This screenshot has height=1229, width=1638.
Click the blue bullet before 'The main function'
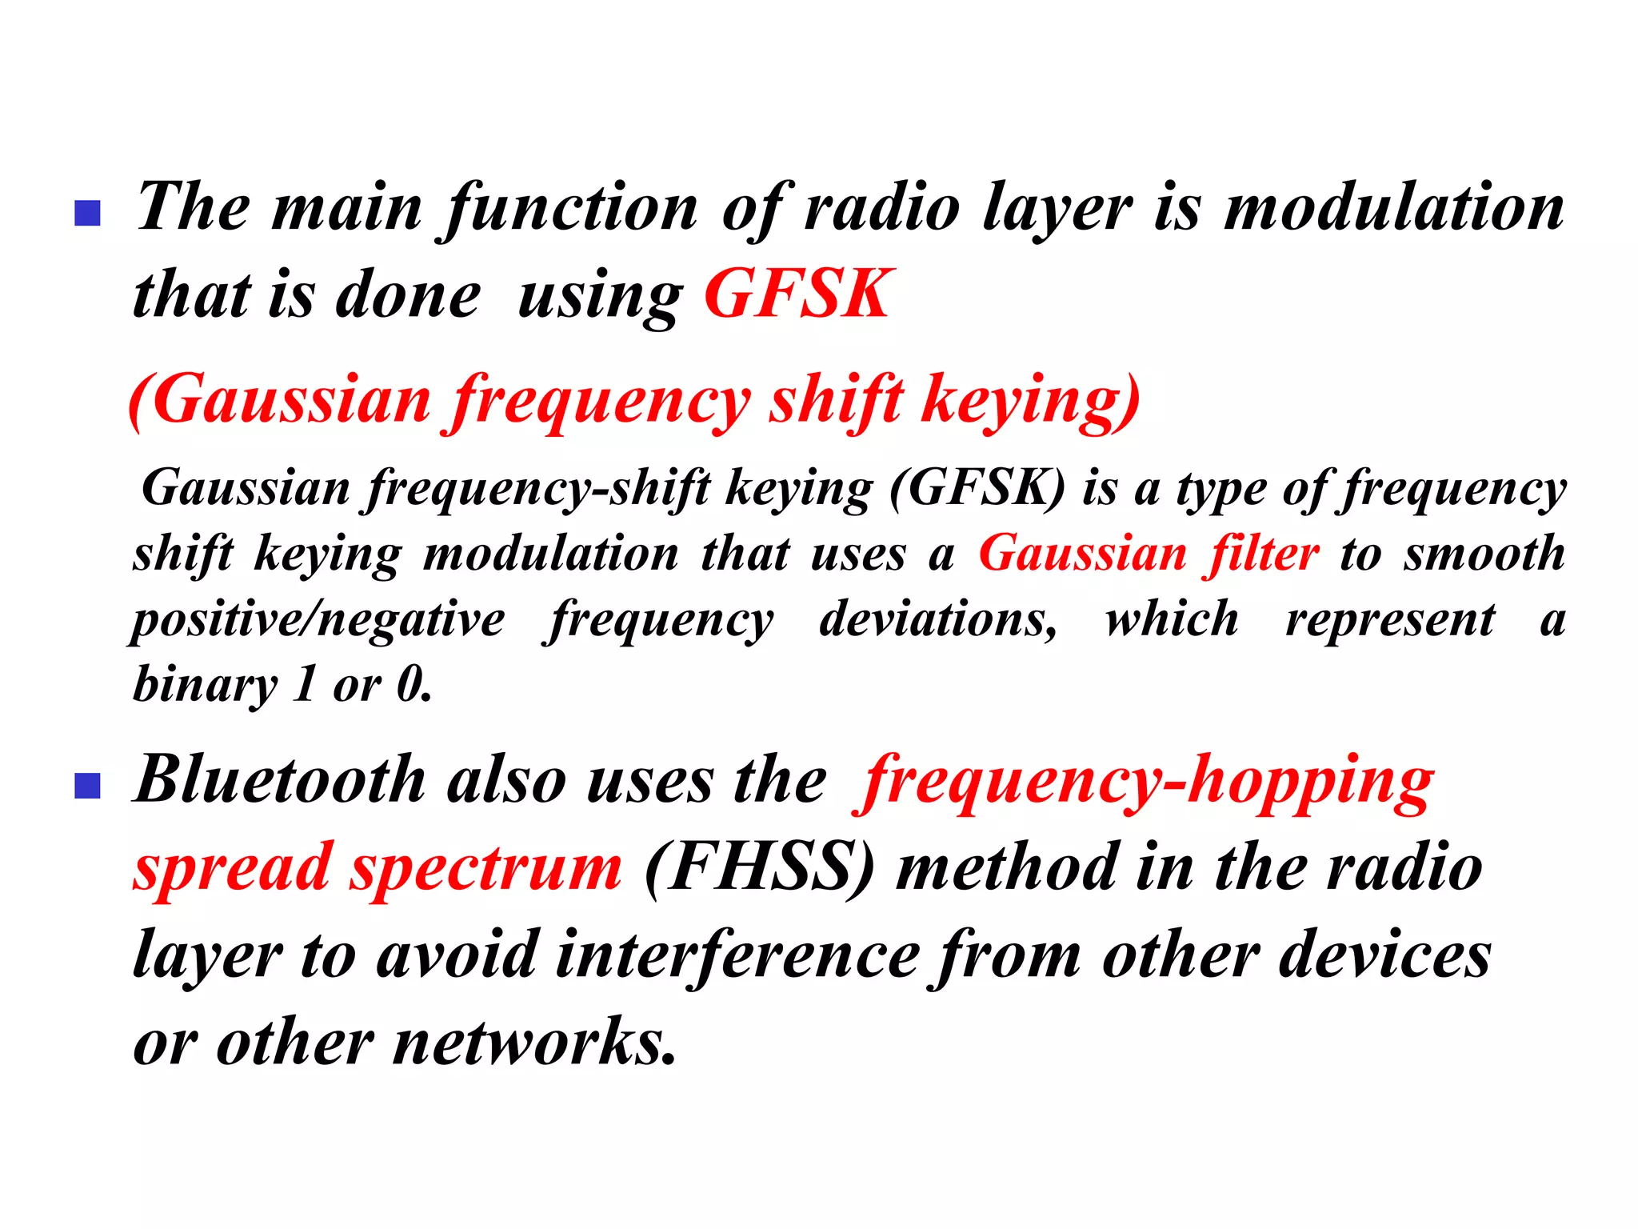[x=87, y=213]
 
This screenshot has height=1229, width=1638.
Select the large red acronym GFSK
[x=797, y=294]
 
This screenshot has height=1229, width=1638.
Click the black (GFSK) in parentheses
[x=977, y=488]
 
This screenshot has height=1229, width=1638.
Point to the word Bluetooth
[x=280, y=780]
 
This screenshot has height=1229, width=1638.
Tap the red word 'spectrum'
[x=486, y=869]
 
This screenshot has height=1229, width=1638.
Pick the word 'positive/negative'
[x=318, y=620]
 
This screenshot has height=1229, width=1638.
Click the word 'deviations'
[x=937, y=620]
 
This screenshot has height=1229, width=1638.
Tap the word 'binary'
[x=205, y=686]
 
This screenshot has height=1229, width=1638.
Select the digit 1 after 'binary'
[x=305, y=686]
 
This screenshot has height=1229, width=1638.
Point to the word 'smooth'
[x=1484, y=554]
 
